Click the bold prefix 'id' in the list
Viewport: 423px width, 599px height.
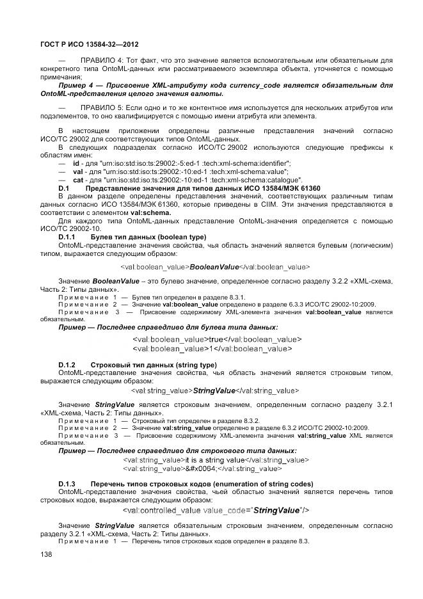point(76,164)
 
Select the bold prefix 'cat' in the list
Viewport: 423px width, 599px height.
point(78,180)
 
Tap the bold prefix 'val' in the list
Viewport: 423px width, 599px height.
point(78,172)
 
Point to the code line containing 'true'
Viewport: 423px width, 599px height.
point(216,339)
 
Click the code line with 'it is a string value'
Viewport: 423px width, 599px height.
point(237,459)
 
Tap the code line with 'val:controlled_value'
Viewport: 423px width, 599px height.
point(216,510)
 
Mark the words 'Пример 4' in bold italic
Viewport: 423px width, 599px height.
point(76,85)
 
